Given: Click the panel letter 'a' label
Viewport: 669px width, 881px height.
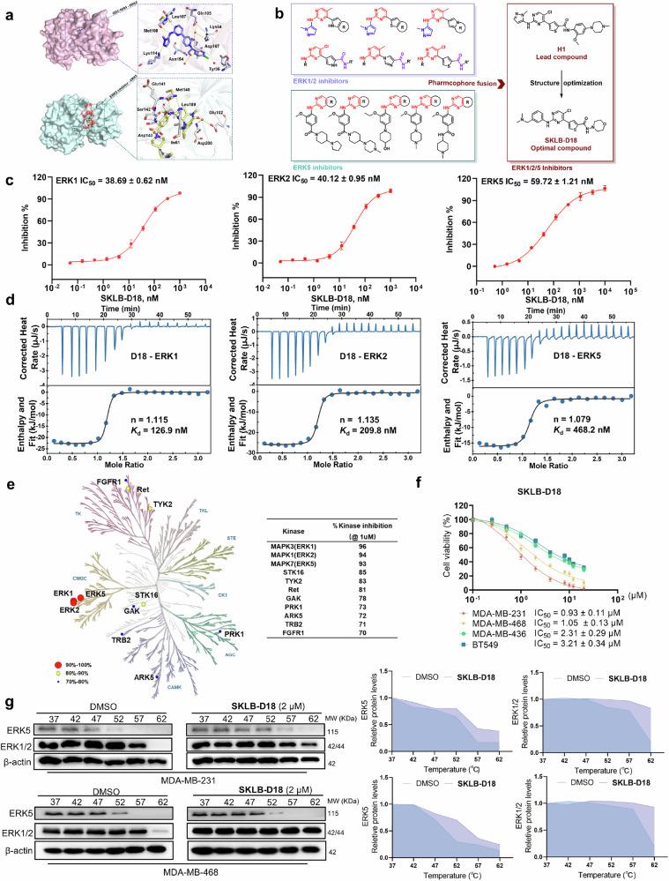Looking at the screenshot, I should tap(8, 10).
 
